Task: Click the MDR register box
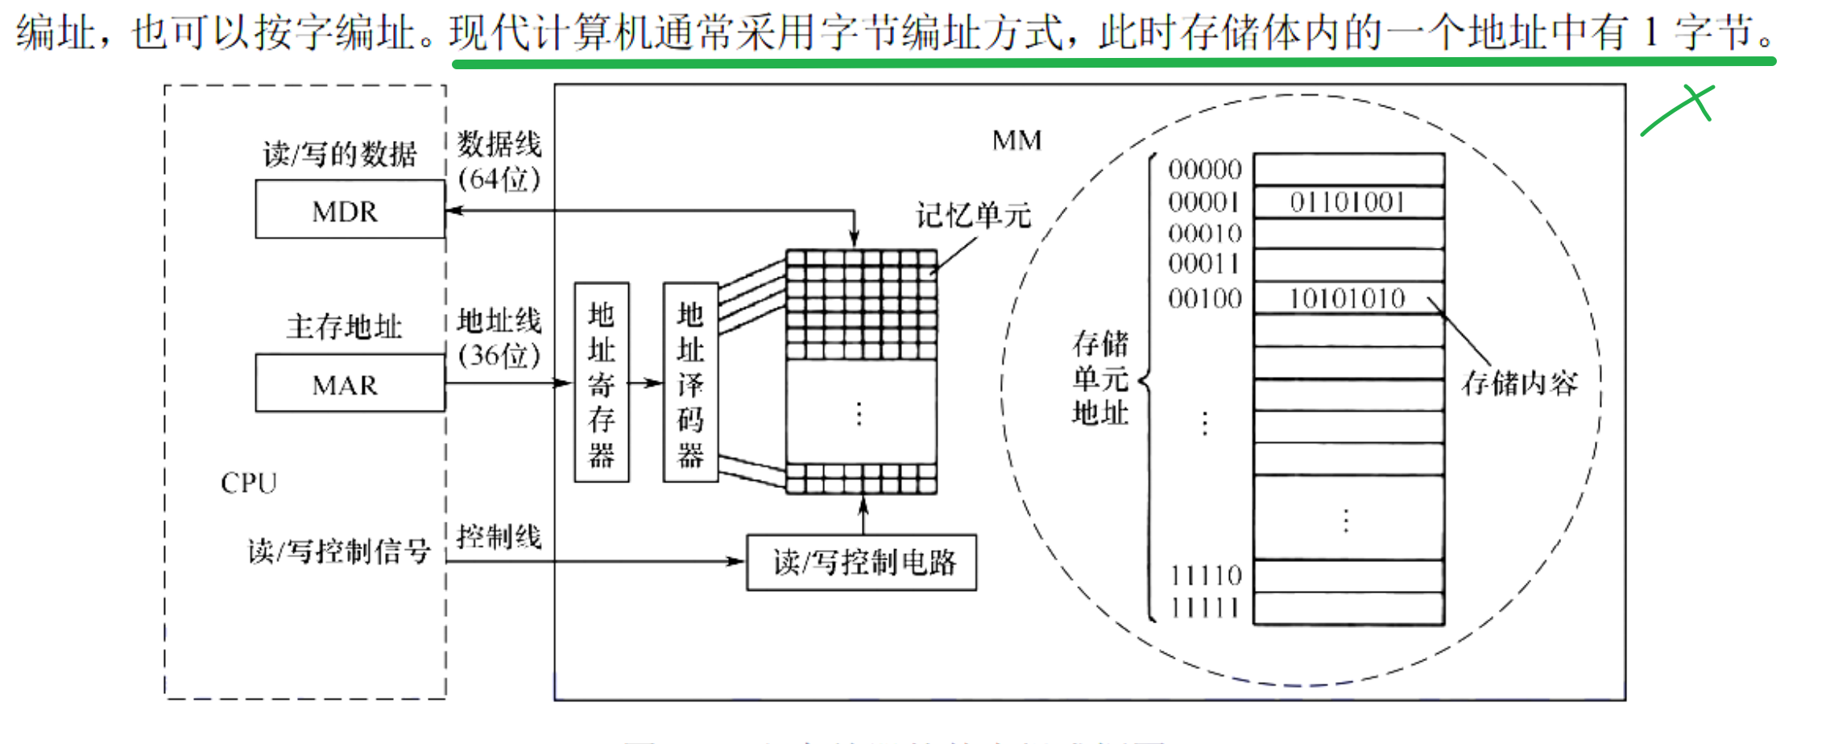tap(350, 209)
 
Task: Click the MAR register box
tap(350, 383)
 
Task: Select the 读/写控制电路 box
tap(861, 562)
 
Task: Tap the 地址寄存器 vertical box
tap(602, 382)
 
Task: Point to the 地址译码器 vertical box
tap(690, 382)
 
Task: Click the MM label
tap(1016, 141)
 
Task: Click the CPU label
tap(249, 483)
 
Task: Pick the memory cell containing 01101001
tap(1348, 202)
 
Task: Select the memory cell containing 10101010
tap(1348, 299)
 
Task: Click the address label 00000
tap(1205, 170)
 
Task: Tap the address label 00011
tap(1205, 264)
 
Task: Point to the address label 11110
tap(1205, 576)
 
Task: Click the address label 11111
tap(1205, 608)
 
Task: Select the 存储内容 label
tap(1519, 383)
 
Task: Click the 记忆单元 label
tap(973, 216)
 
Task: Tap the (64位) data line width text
tap(499, 179)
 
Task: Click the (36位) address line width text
tap(499, 355)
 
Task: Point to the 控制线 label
tap(499, 536)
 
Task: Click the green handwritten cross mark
tap(1683, 109)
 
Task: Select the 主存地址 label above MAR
tap(344, 327)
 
